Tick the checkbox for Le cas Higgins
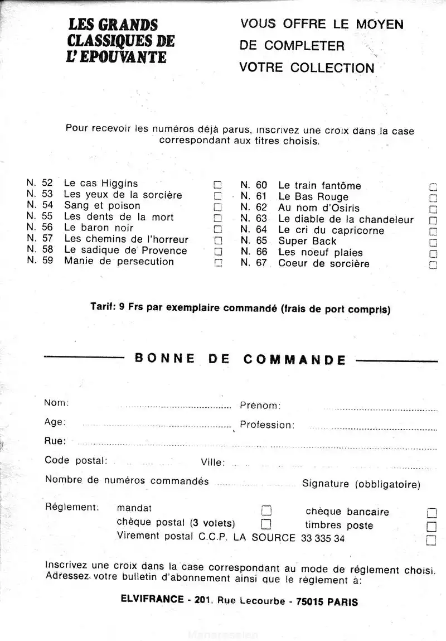(x=218, y=184)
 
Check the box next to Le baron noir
(x=218, y=229)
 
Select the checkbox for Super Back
(x=433, y=242)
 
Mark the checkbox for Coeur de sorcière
(x=433, y=265)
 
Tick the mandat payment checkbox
(x=266, y=510)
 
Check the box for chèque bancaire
(x=431, y=513)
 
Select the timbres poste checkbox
(x=431, y=526)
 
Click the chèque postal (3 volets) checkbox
(x=266, y=524)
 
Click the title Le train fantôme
(x=319, y=186)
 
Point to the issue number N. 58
(x=40, y=250)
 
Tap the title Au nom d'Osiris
(x=319, y=208)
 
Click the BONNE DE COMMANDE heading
(x=240, y=359)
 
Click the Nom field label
(x=56, y=403)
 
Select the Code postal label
(x=76, y=461)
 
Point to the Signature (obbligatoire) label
(x=361, y=484)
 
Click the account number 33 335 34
(x=323, y=538)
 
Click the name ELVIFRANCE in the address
(x=152, y=599)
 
